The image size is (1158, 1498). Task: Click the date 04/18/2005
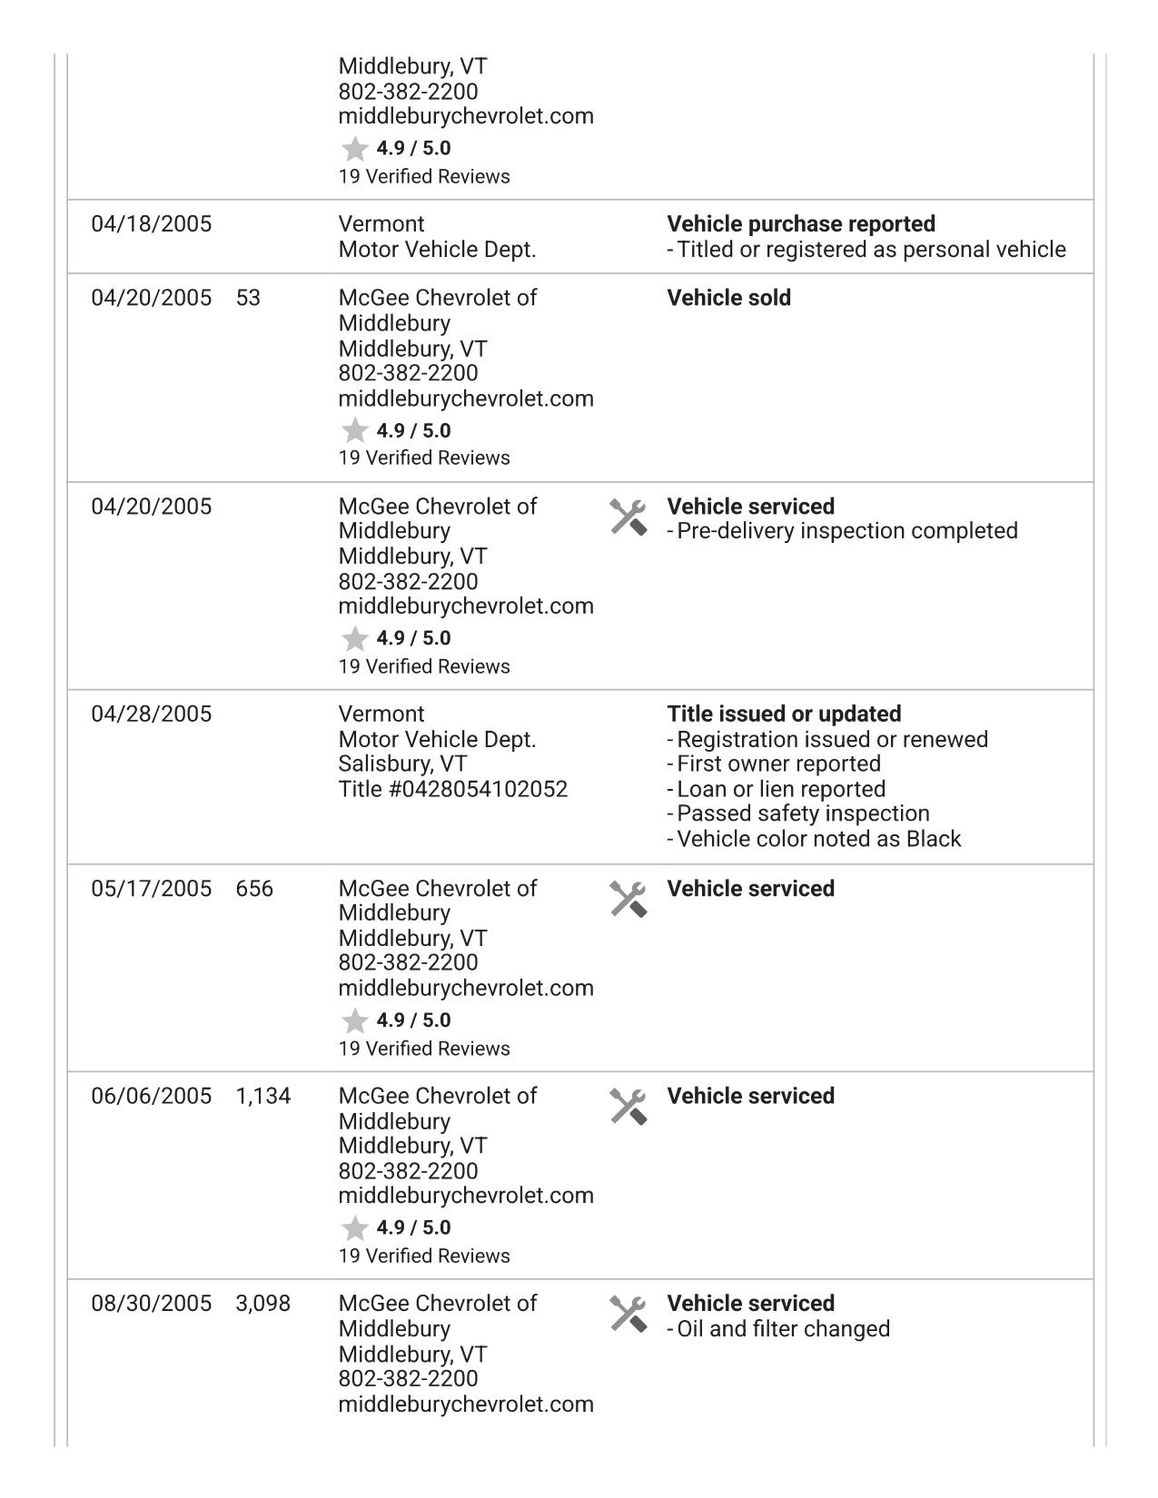[151, 224]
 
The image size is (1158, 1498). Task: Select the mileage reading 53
[248, 298]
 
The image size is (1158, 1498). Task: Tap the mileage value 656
[254, 889]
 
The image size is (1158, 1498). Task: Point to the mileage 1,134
[263, 1096]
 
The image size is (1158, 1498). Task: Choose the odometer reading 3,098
[263, 1304]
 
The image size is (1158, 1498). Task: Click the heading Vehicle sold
[728, 298]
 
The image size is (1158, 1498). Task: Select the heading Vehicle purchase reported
[801, 224]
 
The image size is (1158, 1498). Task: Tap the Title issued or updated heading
[784, 715]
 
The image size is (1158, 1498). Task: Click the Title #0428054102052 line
[452, 790]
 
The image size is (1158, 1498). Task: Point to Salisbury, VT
[402, 764]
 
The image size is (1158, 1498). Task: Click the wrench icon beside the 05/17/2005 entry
[628, 899]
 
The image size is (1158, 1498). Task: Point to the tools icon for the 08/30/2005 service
[628, 1314]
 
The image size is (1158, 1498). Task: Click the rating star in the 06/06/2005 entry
[354, 1228]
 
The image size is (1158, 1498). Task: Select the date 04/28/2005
[151, 715]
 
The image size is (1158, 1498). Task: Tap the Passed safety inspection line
[803, 813]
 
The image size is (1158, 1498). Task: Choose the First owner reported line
[778, 764]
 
